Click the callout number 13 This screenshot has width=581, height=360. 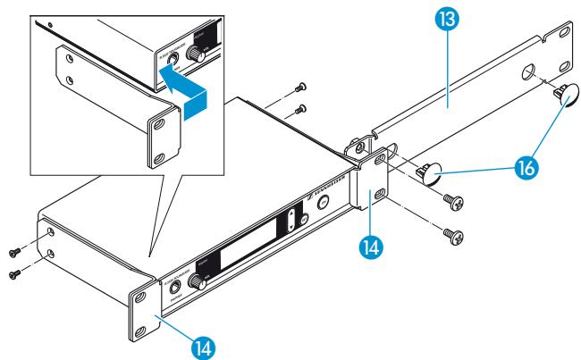tap(443, 19)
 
